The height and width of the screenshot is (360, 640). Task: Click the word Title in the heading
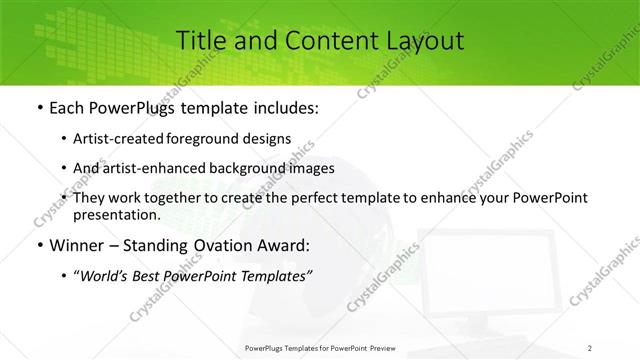[x=200, y=41]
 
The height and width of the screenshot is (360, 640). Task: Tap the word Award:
[x=284, y=245]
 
